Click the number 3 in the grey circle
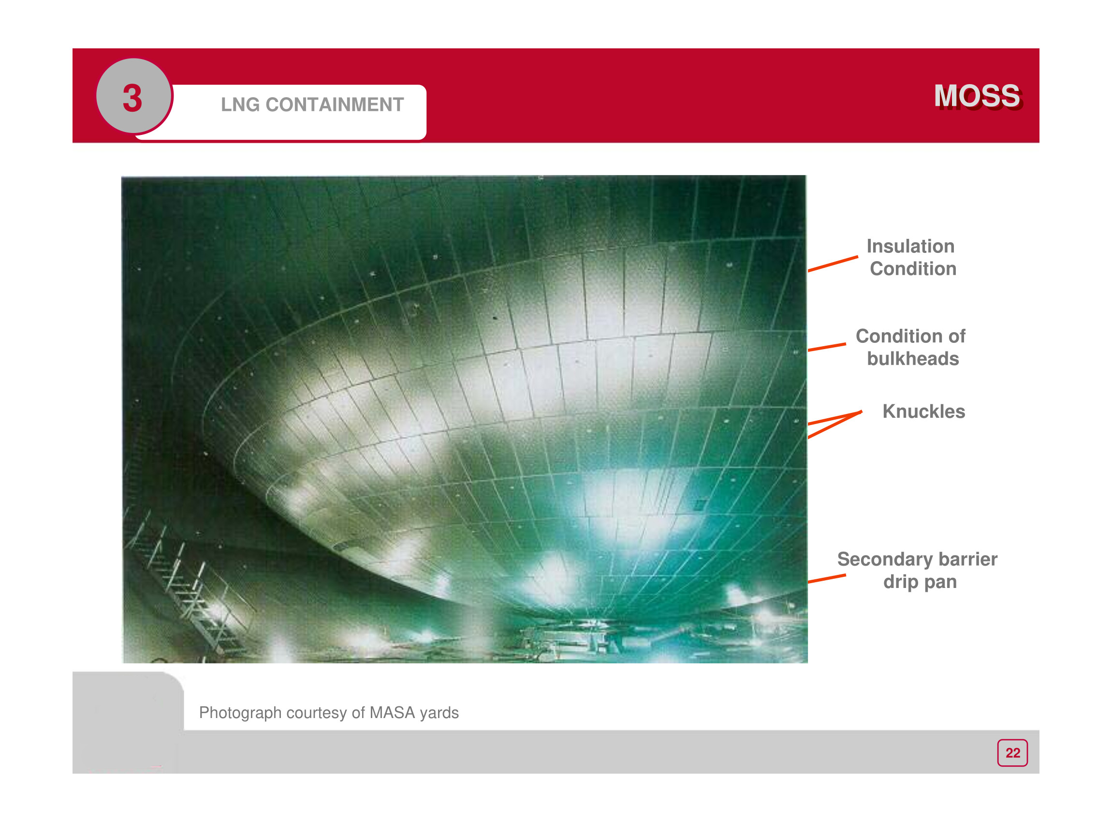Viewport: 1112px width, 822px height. tap(132, 98)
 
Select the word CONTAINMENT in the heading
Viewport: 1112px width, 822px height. tap(335, 105)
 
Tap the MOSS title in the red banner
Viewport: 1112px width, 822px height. tap(978, 96)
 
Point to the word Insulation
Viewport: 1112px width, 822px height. tap(910, 246)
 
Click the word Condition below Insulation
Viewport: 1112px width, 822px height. tap(913, 269)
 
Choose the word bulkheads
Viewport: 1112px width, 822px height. tap(913, 359)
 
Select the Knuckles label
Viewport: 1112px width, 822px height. tap(924, 411)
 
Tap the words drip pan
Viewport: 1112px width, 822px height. tap(920, 582)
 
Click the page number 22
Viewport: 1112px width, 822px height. tap(1012, 753)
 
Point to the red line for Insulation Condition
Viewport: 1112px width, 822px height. tap(833, 264)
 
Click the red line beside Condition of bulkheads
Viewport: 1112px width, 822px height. tap(827, 347)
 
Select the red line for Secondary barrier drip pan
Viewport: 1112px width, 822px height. tap(827, 579)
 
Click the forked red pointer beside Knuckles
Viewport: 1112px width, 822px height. tap(835, 424)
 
